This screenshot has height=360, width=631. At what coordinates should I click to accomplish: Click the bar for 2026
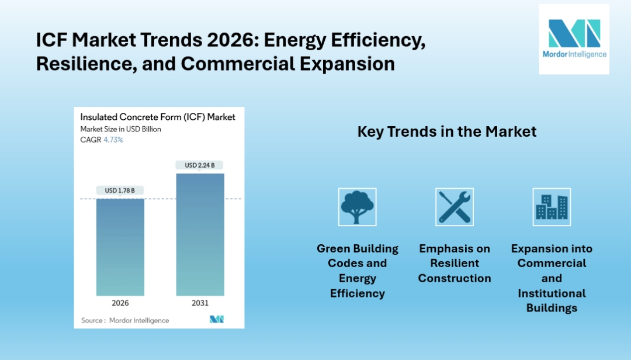(120, 247)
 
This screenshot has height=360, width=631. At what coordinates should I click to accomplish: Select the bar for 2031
(200, 234)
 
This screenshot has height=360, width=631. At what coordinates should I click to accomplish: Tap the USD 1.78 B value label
(120, 191)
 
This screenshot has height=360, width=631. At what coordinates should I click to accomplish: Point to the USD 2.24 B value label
(200, 165)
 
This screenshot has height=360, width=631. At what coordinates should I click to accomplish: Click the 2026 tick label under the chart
(120, 303)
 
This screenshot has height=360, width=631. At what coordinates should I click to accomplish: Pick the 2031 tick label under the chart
(200, 303)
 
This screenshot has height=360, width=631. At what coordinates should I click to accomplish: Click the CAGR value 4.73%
(113, 140)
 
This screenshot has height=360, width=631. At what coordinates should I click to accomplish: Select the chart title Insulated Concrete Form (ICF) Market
(158, 117)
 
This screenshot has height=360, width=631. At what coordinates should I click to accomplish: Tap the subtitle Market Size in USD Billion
(120, 129)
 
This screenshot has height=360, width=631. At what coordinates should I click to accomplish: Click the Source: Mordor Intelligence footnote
(125, 320)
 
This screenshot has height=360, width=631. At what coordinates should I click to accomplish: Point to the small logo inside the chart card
(217, 319)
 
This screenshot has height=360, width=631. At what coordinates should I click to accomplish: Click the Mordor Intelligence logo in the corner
(574, 39)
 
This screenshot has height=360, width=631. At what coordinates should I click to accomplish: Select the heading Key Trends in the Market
(447, 132)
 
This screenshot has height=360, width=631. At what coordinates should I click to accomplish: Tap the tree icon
(358, 207)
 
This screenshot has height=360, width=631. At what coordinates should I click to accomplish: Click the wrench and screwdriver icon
(455, 207)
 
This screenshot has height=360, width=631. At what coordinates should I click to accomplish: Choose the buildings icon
(552, 207)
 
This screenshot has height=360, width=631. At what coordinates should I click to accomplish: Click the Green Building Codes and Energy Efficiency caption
(358, 271)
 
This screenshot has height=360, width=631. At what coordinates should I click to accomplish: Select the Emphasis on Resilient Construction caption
(455, 264)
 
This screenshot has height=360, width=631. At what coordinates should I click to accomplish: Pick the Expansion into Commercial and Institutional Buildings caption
(552, 278)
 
